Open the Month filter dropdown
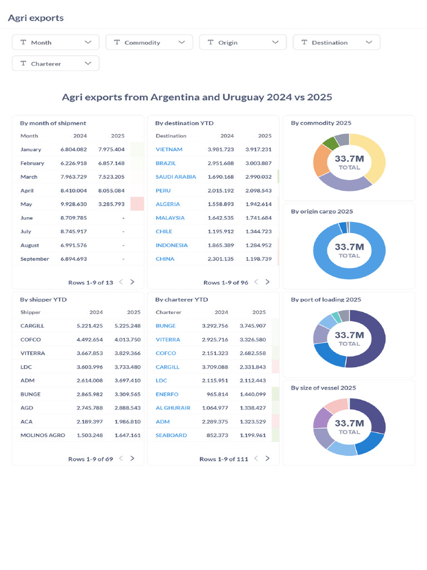[x=56, y=42]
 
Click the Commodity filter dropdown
[x=149, y=42]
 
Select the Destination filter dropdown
[x=336, y=42]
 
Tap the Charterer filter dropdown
[x=56, y=63]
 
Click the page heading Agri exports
[x=36, y=18]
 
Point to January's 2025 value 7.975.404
[x=111, y=149]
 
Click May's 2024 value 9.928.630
[x=73, y=204]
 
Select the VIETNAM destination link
[x=169, y=149]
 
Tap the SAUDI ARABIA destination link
[x=176, y=176]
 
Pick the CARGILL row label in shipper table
[x=32, y=326]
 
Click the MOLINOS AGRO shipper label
[x=43, y=435]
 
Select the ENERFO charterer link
[x=167, y=394]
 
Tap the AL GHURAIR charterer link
[x=173, y=408]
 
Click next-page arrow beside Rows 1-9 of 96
[x=267, y=282]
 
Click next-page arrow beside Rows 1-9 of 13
[x=132, y=282]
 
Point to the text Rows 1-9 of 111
[x=224, y=459]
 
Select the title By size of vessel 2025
[x=323, y=387]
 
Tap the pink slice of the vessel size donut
[x=335, y=406]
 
